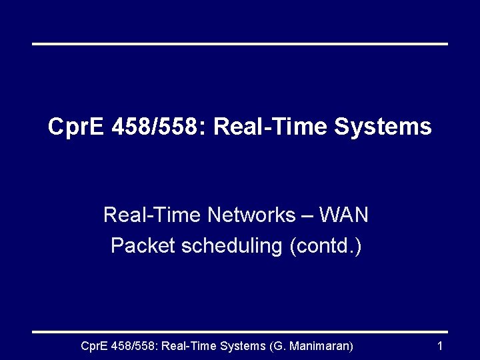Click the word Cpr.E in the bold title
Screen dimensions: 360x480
[x=77, y=127]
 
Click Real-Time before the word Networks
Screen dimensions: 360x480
[x=152, y=215]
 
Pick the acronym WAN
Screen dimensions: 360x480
[x=344, y=215]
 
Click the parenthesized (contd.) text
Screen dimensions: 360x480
[x=325, y=246]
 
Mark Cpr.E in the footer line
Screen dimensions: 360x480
[x=95, y=346]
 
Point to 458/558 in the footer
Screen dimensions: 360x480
[x=134, y=346]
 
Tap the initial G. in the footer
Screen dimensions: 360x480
[x=279, y=346]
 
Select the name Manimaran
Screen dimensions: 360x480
[x=321, y=346]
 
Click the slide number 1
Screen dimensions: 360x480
[x=439, y=346]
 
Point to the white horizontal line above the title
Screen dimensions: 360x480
[x=240, y=44]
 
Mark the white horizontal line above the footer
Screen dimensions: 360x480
[x=240, y=331]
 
